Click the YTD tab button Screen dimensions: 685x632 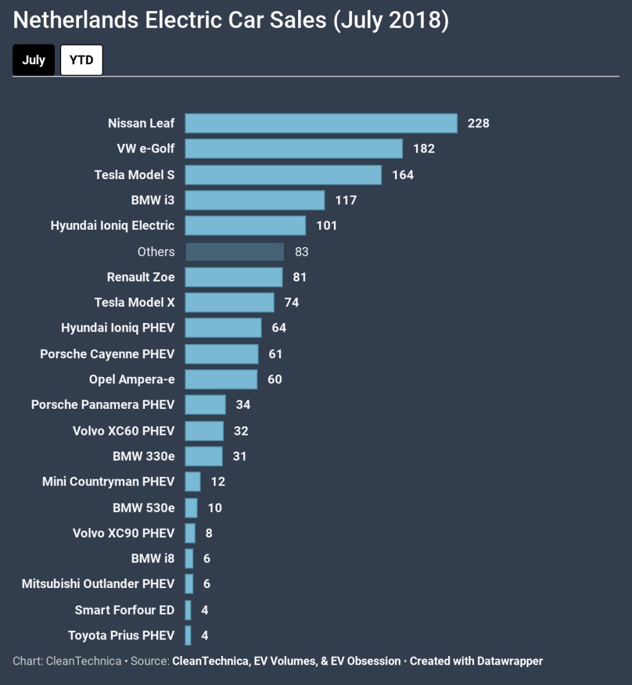[x=81, y=60]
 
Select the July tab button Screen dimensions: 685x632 [x=33, y=60]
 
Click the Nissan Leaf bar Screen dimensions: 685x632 [x=321, y=123]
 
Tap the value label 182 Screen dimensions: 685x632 [x=424, y=149]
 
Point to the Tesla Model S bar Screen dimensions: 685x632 [x=283, y=175]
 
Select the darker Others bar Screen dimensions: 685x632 [x=235, y=251]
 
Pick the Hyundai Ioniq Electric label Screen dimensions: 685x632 [x=112, y=225]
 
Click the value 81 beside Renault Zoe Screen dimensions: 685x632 [x=300, y=277]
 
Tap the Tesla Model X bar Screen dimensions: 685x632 [x=230, y=302]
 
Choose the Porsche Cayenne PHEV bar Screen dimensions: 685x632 [x=222, y=354]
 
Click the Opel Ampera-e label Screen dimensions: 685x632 [x=131, y=379]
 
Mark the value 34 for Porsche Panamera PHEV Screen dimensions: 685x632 [x=243, y=405]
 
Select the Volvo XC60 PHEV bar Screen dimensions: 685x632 [x=204, y=431]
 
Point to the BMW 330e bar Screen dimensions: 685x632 [x=204, y=456]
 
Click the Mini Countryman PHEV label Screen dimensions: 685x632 [x=108, y=481]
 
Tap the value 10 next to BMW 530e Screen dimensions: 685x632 [x=215, y=508]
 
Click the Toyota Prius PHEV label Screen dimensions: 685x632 [x=121, y=635]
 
